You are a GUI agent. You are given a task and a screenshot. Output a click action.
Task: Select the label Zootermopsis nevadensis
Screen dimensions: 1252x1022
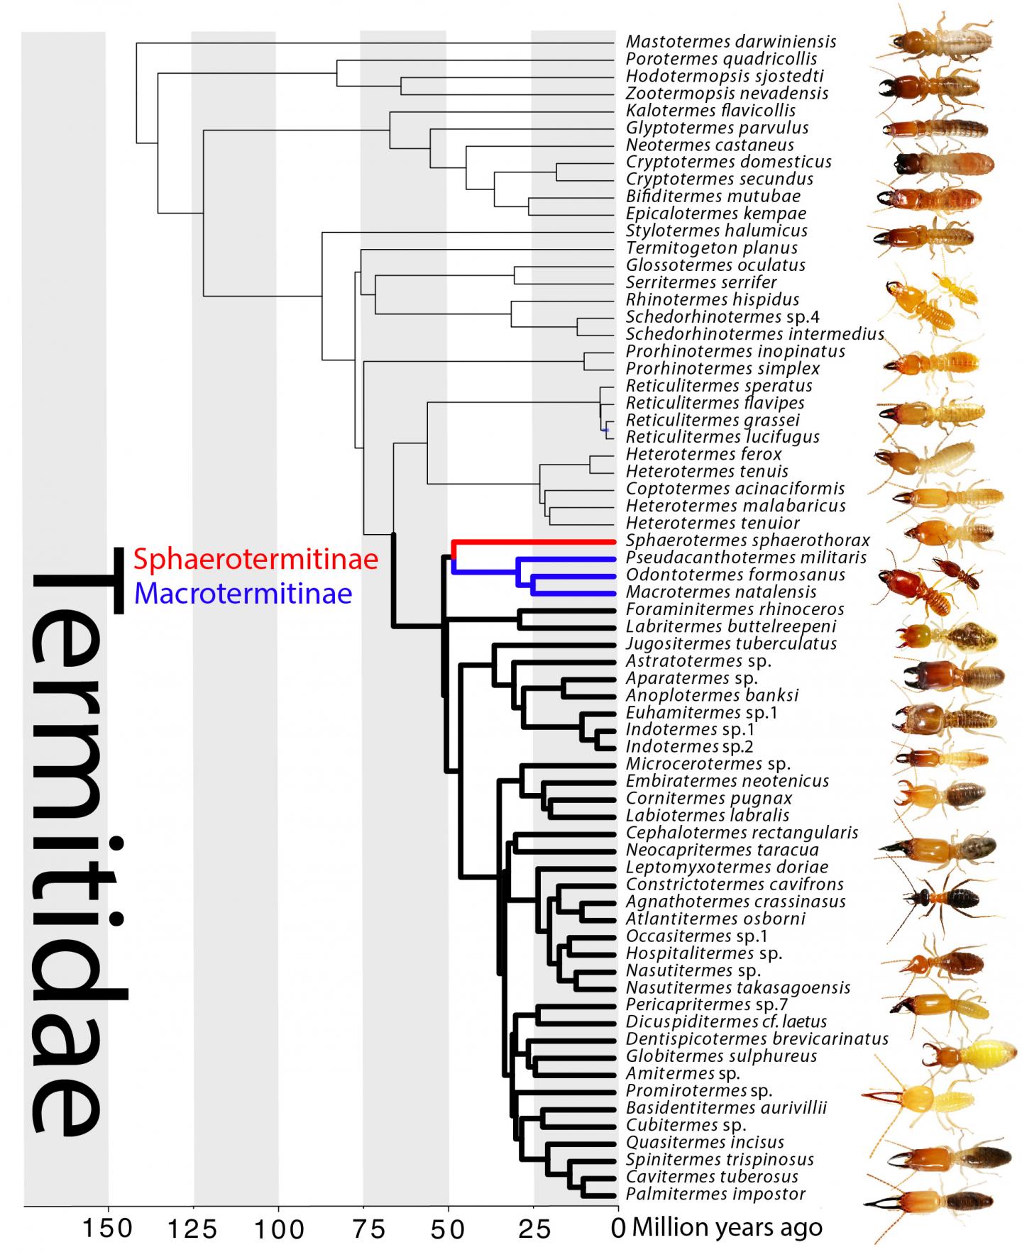[x=727, y=94]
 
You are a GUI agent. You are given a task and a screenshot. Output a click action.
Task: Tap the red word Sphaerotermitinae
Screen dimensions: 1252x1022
[x=255, y=560]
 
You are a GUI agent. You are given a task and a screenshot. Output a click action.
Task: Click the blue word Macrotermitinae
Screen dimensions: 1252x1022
[x=243, y=592]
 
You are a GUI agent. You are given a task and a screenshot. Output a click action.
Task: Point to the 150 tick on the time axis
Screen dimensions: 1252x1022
[x=108, y=1228]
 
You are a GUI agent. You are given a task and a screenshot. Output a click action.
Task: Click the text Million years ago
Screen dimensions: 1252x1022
[x=727, y=1227]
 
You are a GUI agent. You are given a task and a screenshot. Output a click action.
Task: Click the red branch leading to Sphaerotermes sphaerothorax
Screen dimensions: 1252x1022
[x=532, y=541]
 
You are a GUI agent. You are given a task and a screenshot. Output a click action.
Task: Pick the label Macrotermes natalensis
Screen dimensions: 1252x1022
[x=721, y=592]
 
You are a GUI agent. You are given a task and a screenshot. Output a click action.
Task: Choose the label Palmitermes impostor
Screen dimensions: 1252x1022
[x=715, y=1194]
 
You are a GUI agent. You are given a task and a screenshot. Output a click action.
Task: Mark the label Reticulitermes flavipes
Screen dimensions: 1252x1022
[x=715, y=403]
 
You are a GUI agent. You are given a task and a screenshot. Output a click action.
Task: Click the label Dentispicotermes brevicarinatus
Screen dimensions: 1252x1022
[x=757, y=1039]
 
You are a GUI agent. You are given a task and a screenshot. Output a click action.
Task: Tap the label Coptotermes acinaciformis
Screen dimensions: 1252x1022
[x=735, y=489]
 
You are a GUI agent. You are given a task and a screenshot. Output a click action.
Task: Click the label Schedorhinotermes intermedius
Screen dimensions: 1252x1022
[x=755, y=334]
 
